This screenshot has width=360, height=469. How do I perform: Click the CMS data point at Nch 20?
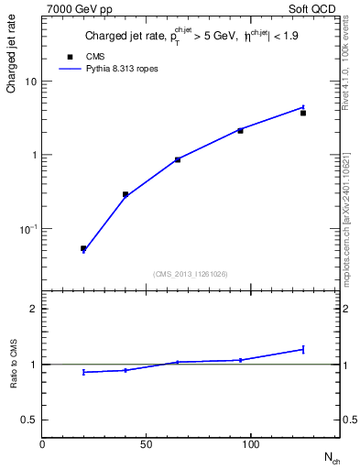(x=83, y=248)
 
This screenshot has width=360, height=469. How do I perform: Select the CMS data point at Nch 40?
(x=125, y=194)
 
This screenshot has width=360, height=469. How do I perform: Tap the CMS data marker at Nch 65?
(x=177, y=159)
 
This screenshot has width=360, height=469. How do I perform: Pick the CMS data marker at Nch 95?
(x=240, y=131)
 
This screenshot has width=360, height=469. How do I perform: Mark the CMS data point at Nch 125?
(x=303, y=113)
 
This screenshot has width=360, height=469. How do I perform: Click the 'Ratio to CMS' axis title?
(x=13, y=365)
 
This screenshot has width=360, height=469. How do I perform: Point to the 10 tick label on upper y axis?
(x=30, y=82)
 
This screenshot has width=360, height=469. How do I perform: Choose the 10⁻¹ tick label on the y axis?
(x=27, y=229)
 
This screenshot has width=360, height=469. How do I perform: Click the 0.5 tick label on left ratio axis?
(x=27, y=420)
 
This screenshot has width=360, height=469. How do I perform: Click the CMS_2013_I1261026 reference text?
(x=191, y=274)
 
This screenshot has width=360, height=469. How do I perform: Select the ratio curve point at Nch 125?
(x=303, y=349)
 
